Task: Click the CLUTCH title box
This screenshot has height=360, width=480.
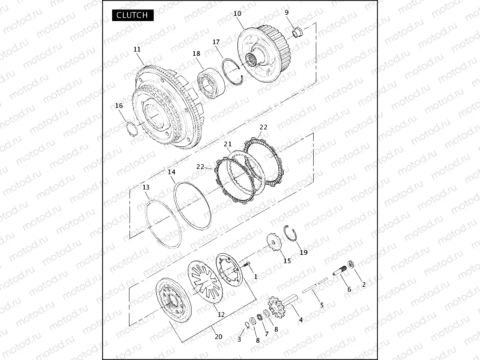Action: tap(133, 15)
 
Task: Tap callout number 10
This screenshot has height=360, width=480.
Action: tap(237, 14)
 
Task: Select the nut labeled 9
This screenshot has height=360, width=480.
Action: tap(297, 32)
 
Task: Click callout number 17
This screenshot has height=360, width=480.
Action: tap(216, 42)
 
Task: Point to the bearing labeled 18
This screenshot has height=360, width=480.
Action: tap(211, 83)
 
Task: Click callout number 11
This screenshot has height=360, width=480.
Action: tap(137, 49)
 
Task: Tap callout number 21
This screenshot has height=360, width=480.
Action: tap(228, 144)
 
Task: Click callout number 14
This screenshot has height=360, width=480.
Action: tap(172, 172)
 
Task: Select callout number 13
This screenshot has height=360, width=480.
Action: tap(146, 187)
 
